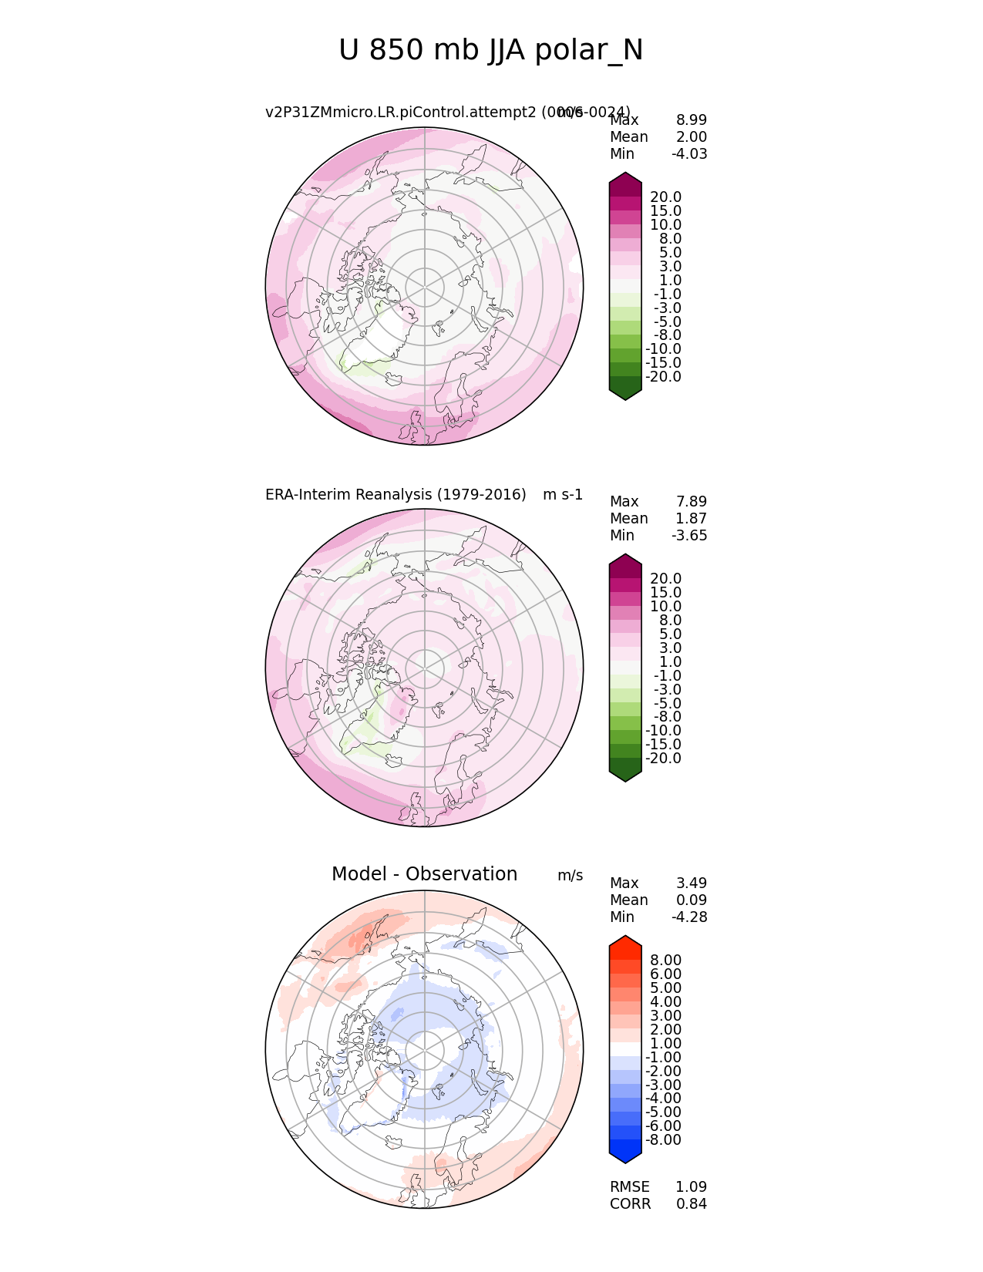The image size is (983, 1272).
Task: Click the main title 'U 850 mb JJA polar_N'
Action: coord(490,51)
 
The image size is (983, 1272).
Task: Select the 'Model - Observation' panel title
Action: coord(424,874)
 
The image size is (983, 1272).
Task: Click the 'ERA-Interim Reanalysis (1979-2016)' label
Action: coord(396,495)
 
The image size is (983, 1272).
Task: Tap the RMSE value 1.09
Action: coord(691,1187)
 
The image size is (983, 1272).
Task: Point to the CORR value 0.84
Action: coord(691,1204)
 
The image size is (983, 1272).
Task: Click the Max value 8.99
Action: coord(691,120)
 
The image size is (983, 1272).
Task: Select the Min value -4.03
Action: coord(689,154)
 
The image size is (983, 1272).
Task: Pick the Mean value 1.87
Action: coord(691,519)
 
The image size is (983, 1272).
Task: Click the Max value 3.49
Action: coord(691,883)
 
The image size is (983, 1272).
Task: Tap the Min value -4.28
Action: coord(689,917)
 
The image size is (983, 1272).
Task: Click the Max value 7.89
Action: coord(691,502)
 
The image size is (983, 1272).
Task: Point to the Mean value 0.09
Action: coord(691,900)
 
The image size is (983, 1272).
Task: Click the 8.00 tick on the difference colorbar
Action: coord(665,960)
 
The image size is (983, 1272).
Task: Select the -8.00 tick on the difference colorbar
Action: coord(663,1140)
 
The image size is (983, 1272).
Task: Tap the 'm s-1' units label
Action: coord(563,495)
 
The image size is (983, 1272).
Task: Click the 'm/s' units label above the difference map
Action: coord(570,876)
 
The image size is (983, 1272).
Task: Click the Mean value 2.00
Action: coord(691,137)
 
